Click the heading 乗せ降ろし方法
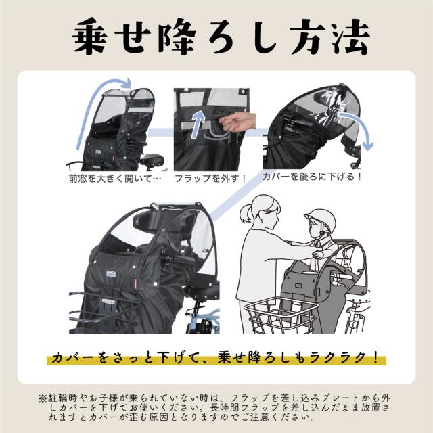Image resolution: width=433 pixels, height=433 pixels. point(221,36)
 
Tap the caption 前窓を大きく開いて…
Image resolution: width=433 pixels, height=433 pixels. point(114,179)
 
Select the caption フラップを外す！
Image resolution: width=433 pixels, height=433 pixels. point(210,179)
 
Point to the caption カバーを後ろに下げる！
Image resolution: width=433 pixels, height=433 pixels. point(312,176)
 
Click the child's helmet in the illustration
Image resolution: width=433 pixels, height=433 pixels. point(321,220)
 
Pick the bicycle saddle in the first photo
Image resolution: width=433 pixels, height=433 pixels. point(152,160)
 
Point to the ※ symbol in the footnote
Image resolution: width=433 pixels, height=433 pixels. point(43,398)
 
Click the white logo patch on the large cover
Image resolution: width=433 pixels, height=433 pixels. point(113,274)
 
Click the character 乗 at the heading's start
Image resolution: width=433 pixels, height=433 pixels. point(90,36)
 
